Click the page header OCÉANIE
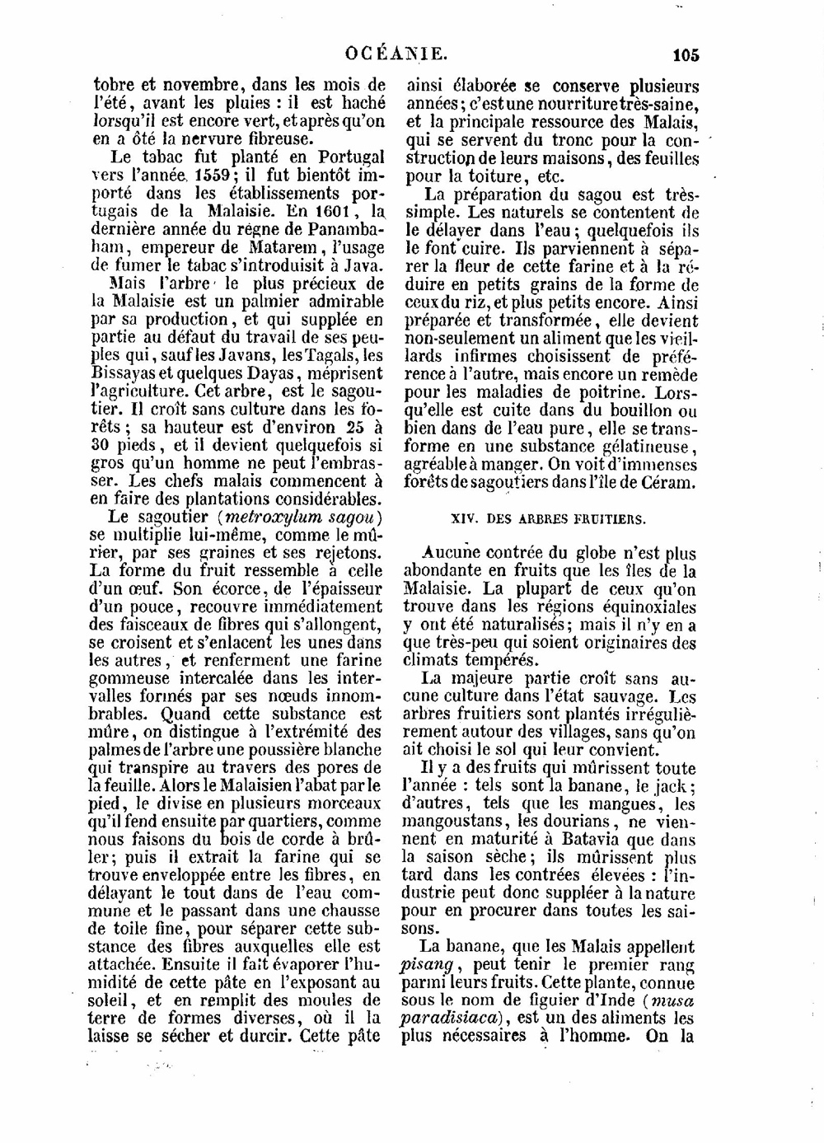click(x=397, y=55)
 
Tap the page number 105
click(x=686, y=56)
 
